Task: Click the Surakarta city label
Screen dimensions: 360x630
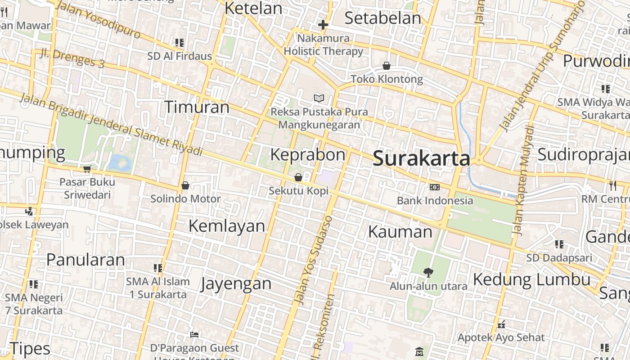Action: click(x=422, y=159)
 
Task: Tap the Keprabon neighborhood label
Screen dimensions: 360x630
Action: click(x=307, y=154)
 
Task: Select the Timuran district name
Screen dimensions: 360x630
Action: click(x=197, y=107)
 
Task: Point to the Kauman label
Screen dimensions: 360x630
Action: click(x=400, y=232)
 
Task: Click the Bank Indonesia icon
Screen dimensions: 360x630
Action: click(x=434, y=187)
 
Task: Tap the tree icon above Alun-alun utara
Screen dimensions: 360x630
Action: click(x=428, y=272)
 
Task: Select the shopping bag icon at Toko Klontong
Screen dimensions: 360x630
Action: click(x=386, y=66)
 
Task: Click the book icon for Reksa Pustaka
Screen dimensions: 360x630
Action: click(x=319, y=98)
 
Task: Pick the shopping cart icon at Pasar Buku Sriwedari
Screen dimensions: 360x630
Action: click(x=87, y=169)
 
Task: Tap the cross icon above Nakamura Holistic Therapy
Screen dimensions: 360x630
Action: click(x=323, y=25)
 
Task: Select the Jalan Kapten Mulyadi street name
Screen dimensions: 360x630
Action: click(x=523, y=180)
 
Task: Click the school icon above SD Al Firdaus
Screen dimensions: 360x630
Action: click(x=180, y=43)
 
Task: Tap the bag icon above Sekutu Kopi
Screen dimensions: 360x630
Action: click(x=298, y=178)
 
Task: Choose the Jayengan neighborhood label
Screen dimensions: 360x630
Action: click(x=236, y=283)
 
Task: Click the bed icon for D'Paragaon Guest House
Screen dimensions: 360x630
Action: click(x=194, y=334)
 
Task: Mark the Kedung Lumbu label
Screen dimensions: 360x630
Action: click(x=531, y=279)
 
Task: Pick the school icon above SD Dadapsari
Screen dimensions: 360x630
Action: click(x=559, y=244)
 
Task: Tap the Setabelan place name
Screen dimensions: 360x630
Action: click(x=382, y=18)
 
